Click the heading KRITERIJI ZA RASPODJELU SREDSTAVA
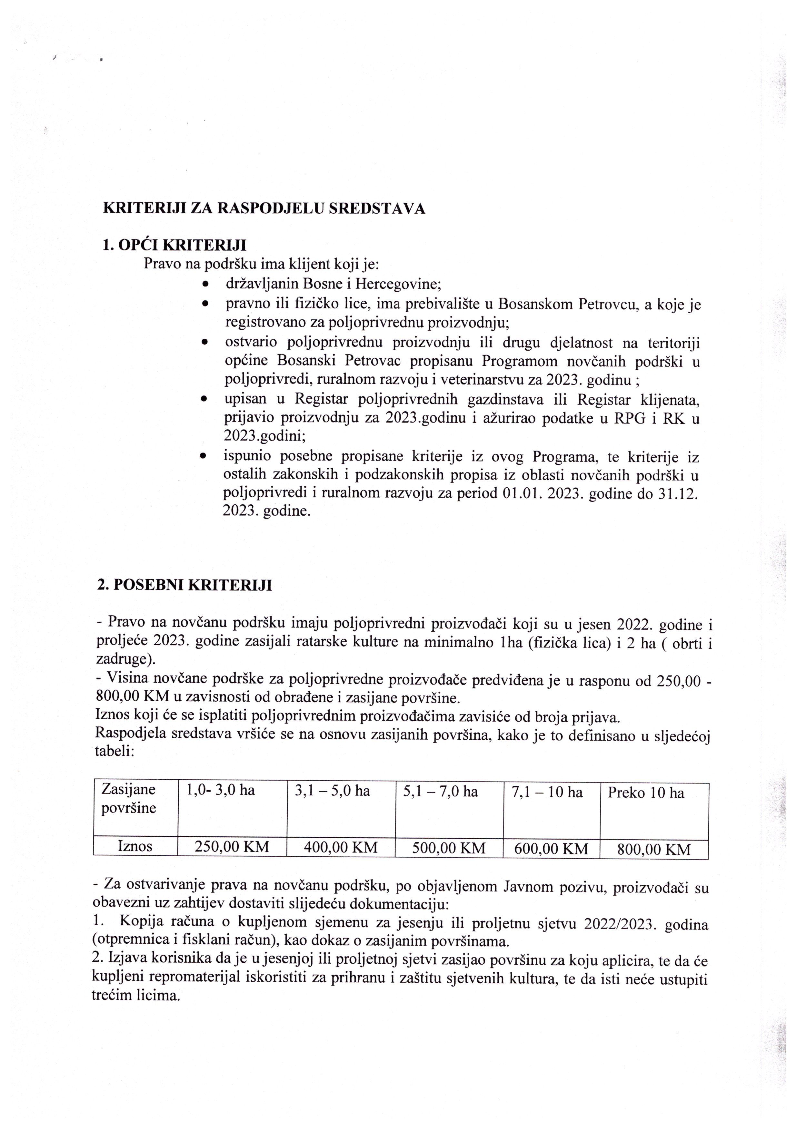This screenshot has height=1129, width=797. pyautogui.click(x=264, y=209)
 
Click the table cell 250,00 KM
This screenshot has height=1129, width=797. pyautogui.click(x=232, y=847)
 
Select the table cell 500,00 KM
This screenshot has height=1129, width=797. pyautogui.click(x=449, y=847)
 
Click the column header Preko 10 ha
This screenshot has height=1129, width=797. pyautogui.click(x=646, y=793)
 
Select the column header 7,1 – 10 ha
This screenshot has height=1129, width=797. pyautogui.click(x=547, y=792)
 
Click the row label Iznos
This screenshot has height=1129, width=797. pyautogui.click(x=135, y=846)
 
